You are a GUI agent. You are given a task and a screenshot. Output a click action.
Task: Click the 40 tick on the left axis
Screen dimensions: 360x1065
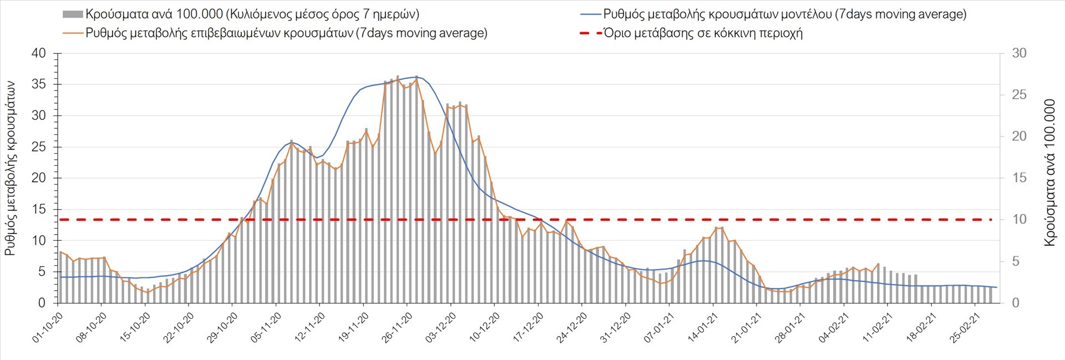39,54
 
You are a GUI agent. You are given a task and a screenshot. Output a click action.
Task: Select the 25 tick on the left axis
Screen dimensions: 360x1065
39,148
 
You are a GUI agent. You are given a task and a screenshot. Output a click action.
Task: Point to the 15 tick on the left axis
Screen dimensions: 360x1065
39,210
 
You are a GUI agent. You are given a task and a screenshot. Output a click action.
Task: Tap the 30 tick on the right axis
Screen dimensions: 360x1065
1019,54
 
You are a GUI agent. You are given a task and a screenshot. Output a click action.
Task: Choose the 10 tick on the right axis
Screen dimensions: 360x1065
1019,220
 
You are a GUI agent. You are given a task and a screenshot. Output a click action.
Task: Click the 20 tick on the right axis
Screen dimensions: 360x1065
1019,136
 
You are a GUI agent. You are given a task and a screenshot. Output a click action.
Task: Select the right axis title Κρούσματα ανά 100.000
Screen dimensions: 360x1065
1049,173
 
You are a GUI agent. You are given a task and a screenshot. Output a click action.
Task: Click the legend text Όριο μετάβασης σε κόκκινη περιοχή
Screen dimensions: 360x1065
703,33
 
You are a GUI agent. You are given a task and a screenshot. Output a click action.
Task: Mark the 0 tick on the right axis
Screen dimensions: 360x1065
1016,303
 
